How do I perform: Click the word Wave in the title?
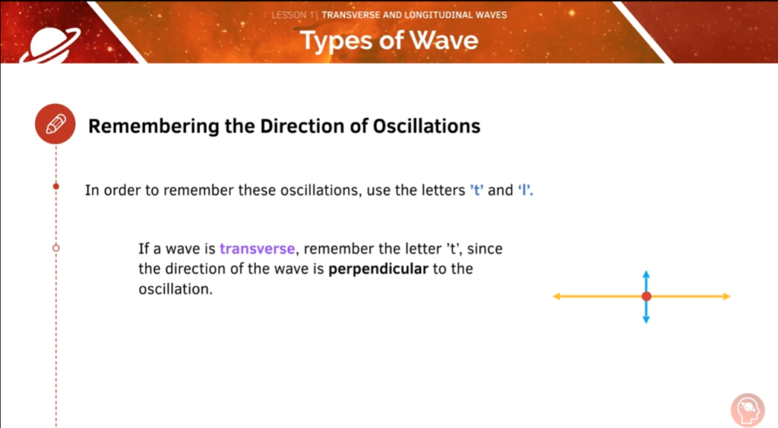point(444,40)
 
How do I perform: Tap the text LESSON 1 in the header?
point(293,15)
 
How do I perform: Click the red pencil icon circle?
point(55,124)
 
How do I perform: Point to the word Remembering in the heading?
point(153,126)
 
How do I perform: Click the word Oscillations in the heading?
point(426,126)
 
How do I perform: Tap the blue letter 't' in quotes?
point(476,190)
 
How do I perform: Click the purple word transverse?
point(257,248)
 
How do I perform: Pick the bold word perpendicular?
point(378,269)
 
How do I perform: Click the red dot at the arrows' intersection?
point(646,296)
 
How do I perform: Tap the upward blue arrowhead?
point(646,274)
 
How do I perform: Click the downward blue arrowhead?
point(646,320)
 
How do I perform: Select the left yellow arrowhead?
point(557,296)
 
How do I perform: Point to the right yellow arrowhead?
point(727,296)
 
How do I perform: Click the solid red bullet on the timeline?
point(56,186)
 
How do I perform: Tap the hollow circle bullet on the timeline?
point(56,247)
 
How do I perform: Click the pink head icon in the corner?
point(748,410)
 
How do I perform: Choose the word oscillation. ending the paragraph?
point(176,289)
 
